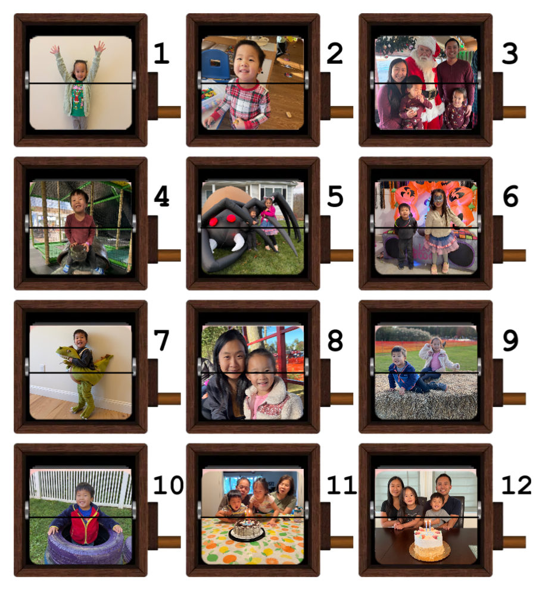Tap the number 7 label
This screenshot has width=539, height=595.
(161, 340)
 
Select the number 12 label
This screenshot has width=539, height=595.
(516, 484)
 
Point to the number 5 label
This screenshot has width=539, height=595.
(335, 196)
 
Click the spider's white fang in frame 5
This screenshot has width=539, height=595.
(239, 241)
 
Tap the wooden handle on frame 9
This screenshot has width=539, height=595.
(515, 399)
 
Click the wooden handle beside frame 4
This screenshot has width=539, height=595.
(169, 255)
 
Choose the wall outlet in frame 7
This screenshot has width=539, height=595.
(42, 367)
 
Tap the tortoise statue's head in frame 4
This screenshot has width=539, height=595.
(78, 250)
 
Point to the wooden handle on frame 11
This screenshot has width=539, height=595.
(342, 542)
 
